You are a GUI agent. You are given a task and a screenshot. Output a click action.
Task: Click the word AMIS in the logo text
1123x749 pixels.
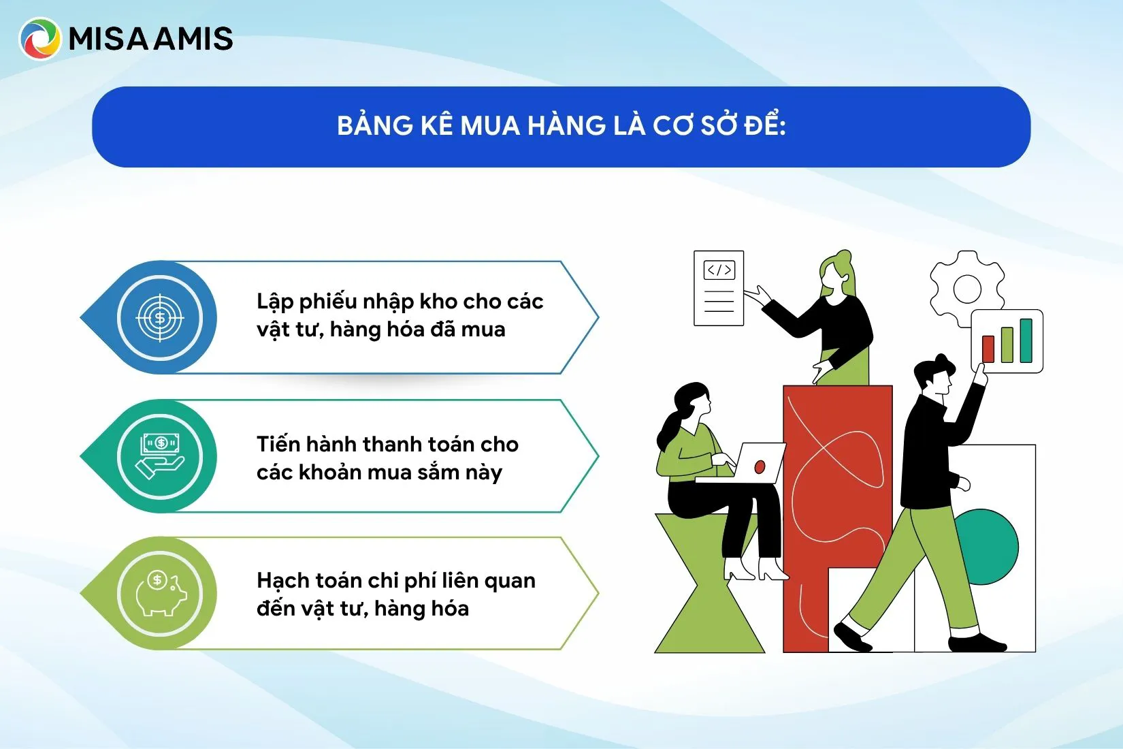193,39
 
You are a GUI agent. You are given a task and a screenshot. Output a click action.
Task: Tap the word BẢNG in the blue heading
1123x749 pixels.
374,126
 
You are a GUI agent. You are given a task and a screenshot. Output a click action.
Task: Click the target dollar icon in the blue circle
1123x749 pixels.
160,317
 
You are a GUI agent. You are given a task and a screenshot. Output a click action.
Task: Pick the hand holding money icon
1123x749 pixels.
160,456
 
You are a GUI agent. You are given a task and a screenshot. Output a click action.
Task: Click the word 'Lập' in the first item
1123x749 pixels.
274,302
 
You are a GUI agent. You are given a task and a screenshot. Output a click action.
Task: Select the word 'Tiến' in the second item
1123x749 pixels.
278,444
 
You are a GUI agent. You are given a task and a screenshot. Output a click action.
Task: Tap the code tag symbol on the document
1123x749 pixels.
719,270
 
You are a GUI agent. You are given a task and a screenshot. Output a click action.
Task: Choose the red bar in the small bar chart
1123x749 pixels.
988,348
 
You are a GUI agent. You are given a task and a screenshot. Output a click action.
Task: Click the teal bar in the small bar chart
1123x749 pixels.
1026,340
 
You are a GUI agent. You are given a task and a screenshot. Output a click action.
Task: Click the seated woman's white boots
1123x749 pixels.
755,568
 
